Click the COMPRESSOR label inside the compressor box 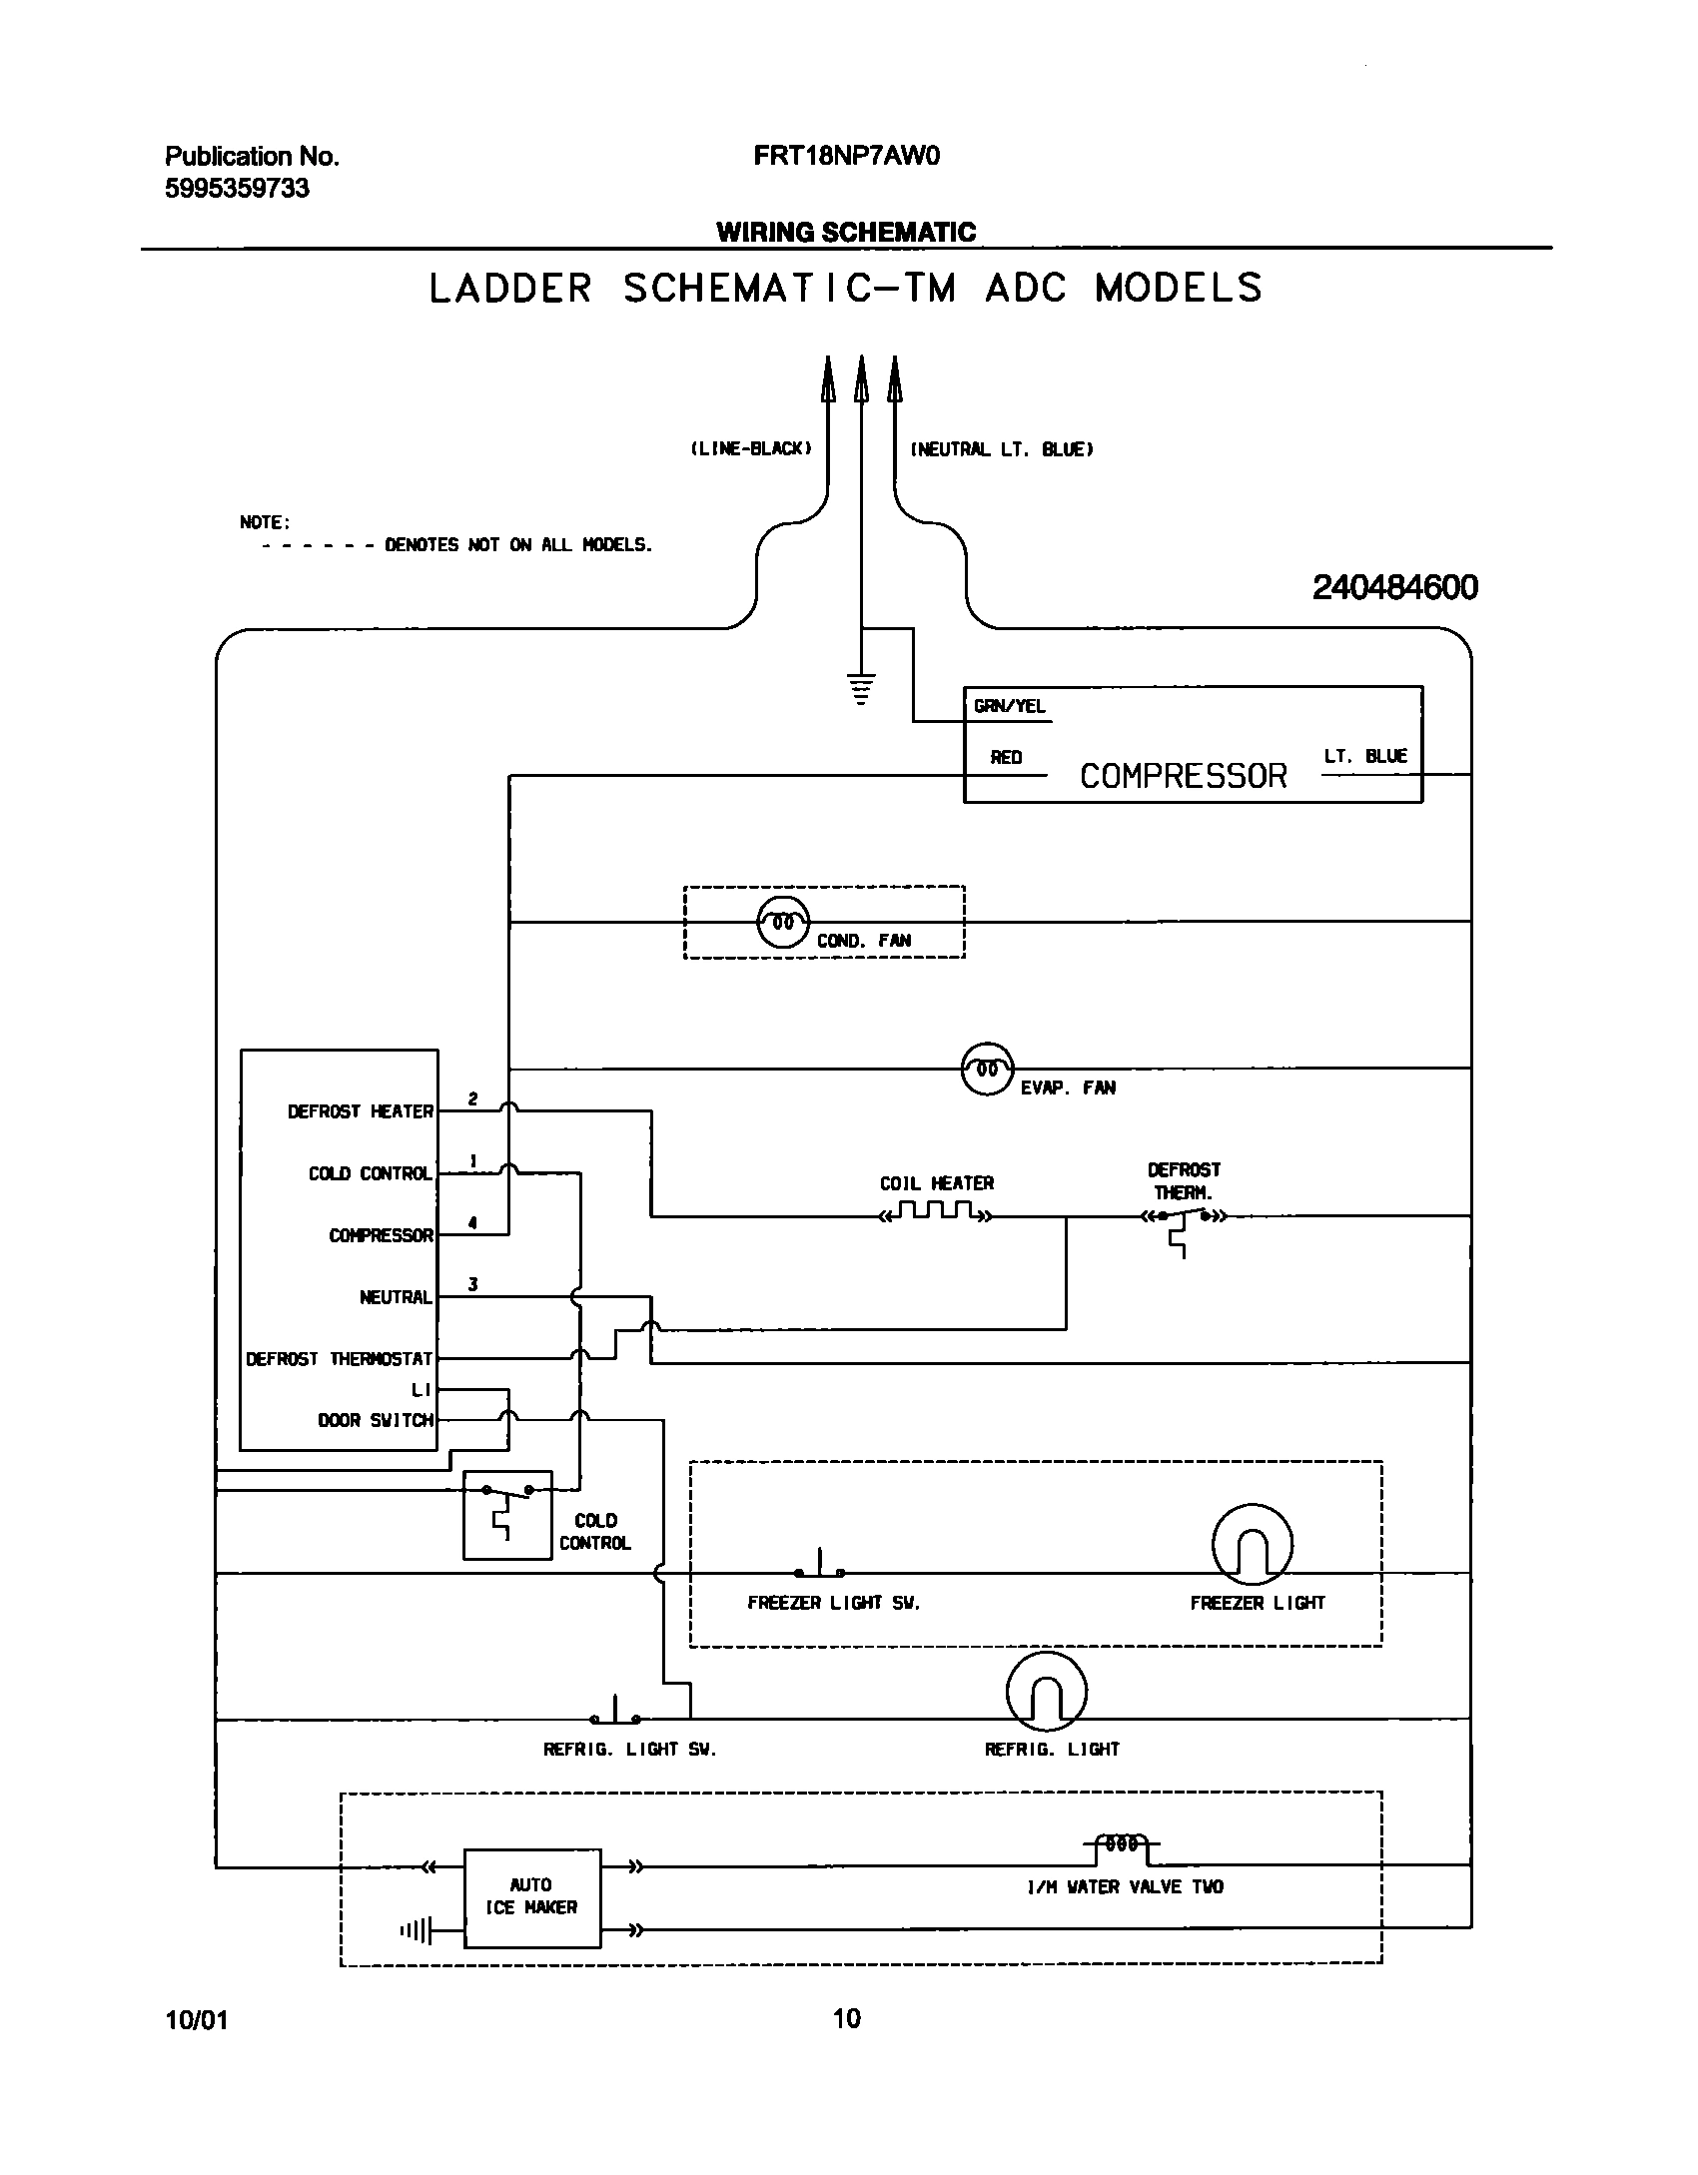[1183, 776]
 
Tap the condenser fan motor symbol [783, 922]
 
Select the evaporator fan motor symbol [987, 1069]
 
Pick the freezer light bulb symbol [1252, 1543]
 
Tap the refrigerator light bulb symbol [1046, 1691]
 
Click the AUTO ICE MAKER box [531, 1897]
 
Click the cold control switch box [507, 1514]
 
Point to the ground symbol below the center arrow [861, 690]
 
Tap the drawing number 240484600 [1394, 587]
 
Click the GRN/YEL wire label [1009, 706]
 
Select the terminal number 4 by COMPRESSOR [472, 1222]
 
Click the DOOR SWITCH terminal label [376, 1420]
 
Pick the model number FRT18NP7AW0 [846, 156]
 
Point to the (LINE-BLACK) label [750, 449]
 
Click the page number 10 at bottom [846, 2018]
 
